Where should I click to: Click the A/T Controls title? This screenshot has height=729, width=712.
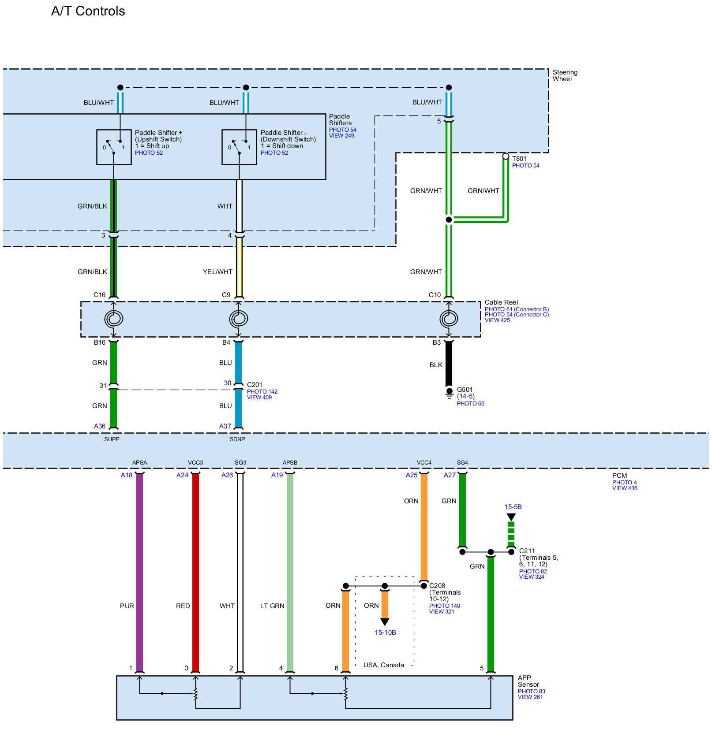click(x=88, y=11)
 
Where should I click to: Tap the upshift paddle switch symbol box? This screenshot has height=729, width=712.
click(x=114, y=147)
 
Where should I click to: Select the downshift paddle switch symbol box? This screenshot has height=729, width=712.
click(x=239, y=147)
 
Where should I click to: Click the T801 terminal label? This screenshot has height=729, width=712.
click(x=519, y=159)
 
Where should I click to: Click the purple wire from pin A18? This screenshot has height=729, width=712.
click(x=139, y=573)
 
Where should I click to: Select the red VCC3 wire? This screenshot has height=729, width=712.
click(x=195, y=573)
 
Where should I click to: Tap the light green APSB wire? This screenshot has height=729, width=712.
click(x=290, y=573)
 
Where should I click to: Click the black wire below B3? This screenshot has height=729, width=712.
click(x=449, y=364)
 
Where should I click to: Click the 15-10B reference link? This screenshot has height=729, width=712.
click(x=385, y=632)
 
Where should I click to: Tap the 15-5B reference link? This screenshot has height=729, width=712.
click(x=513, y=507)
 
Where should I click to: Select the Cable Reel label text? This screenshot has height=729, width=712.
click(x=501, y=302)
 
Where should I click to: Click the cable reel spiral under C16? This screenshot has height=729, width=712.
click(x=113, y=319)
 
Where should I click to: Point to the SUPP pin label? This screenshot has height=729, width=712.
click(x=112, y=439)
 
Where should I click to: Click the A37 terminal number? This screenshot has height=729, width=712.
click(x=225, y=426)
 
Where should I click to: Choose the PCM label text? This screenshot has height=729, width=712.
click(x=619, y=476)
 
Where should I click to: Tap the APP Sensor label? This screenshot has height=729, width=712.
click(x=528, y=681)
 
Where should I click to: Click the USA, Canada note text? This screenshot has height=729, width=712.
click(x=383, y=665)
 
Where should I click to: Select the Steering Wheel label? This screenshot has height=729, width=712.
click(x=565, y=75)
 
